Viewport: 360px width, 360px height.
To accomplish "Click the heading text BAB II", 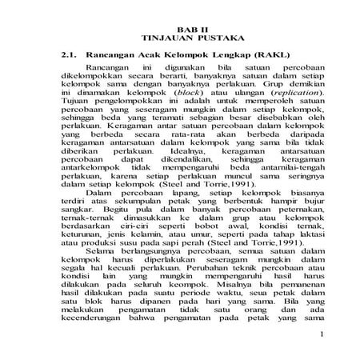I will pyautogui.click(x=179, y=28).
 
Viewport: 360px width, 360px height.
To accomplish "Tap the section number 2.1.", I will pyautogui.click(x=70, y=54).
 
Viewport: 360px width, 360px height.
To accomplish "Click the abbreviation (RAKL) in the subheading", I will pyautogui.click(x=268, y=54).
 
